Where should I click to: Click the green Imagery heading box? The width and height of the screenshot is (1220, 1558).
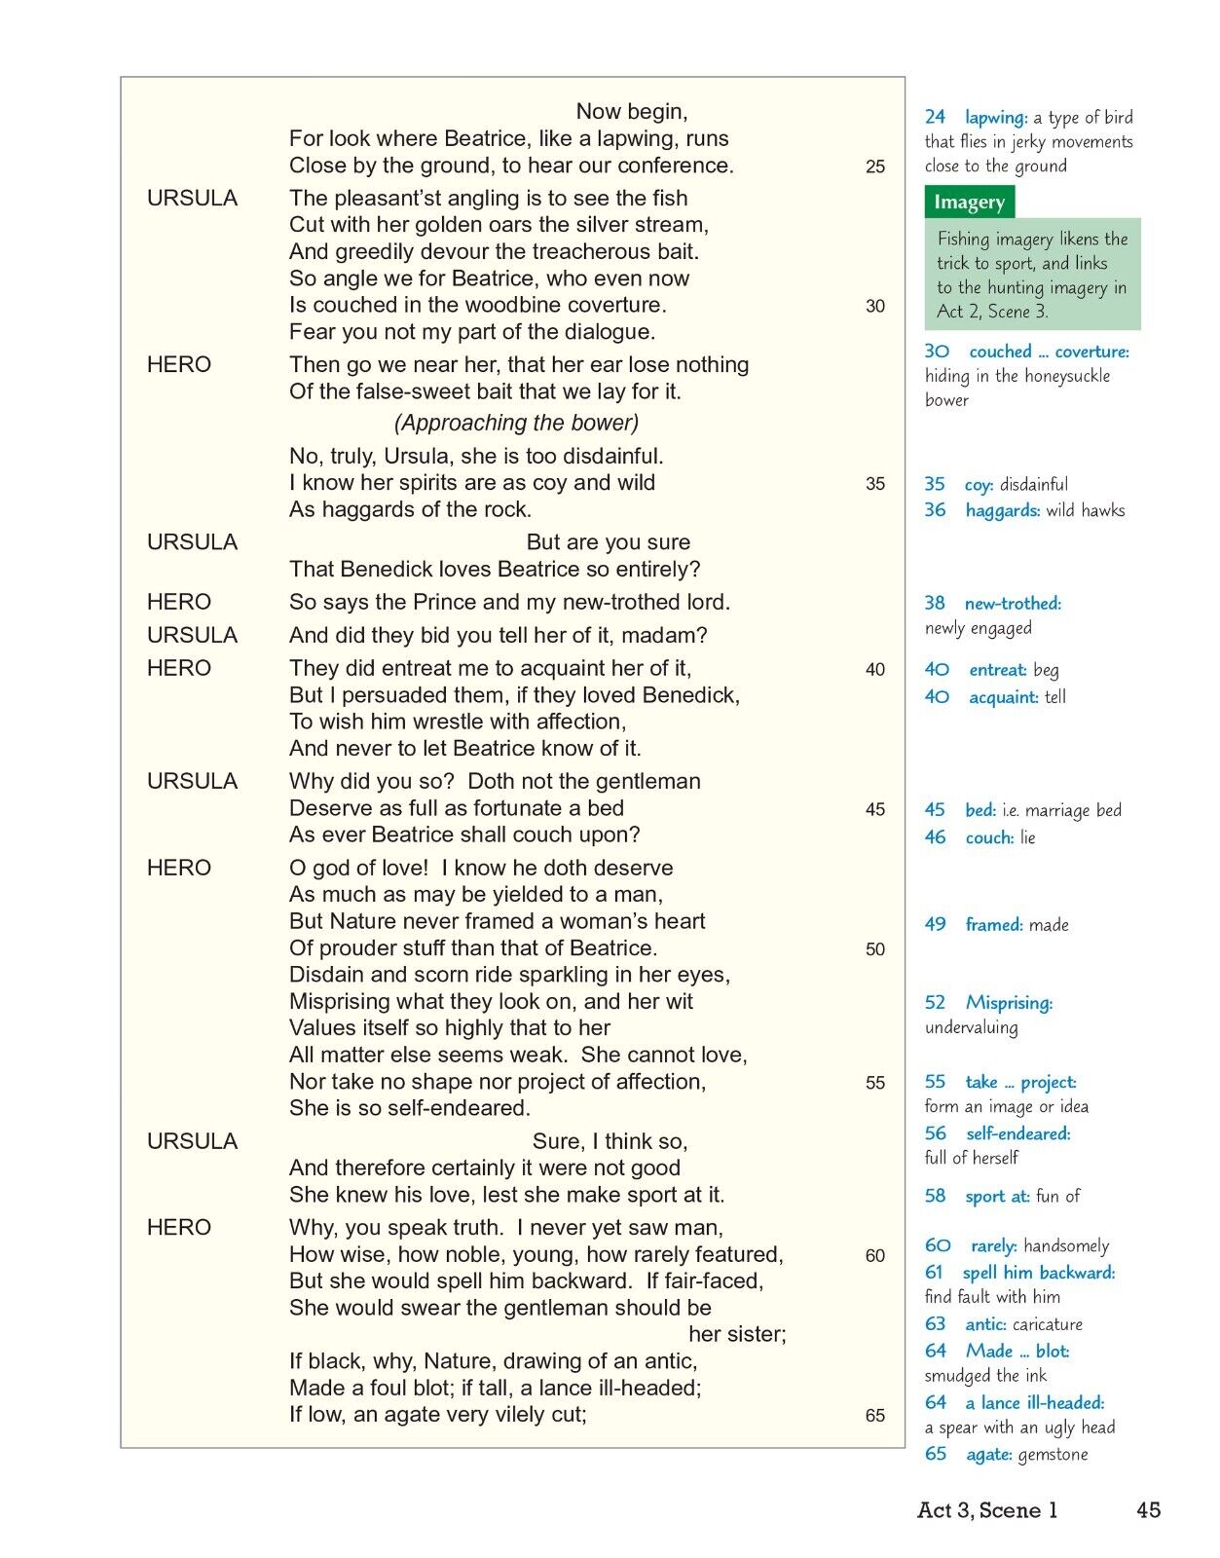(969, 203)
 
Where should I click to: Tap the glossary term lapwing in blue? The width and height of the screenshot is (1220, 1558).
(996, 118)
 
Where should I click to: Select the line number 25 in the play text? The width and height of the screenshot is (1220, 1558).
(875, 167)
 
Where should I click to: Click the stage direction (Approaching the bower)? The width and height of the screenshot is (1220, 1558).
(516, 423)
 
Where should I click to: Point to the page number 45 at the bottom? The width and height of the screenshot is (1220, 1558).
(1148, 1509)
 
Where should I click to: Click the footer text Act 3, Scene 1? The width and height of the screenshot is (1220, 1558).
(987, 1510)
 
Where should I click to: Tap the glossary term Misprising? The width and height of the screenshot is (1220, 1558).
(1009, 1003)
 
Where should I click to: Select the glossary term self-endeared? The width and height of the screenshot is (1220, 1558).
(1017, 1133)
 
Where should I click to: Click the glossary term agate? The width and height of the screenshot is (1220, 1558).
(987, 1455)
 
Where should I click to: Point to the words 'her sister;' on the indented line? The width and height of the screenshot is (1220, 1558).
(737, 1334)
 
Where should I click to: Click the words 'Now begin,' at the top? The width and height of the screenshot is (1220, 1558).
(632, 111)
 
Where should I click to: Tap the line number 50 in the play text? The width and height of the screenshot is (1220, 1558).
(875, 949)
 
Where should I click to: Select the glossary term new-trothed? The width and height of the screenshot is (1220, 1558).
(1013, 604)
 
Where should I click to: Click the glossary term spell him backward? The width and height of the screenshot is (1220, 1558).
(1038, 1273)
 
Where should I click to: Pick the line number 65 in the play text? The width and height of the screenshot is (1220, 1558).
(875, 1416)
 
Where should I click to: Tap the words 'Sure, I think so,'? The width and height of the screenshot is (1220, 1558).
(610, 1141)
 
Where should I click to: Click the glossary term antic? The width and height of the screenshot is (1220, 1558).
(985, 1324)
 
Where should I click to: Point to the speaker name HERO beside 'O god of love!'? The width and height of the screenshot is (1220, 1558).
(179, 868)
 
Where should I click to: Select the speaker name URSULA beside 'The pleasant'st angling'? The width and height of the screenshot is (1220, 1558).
(192, 198)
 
